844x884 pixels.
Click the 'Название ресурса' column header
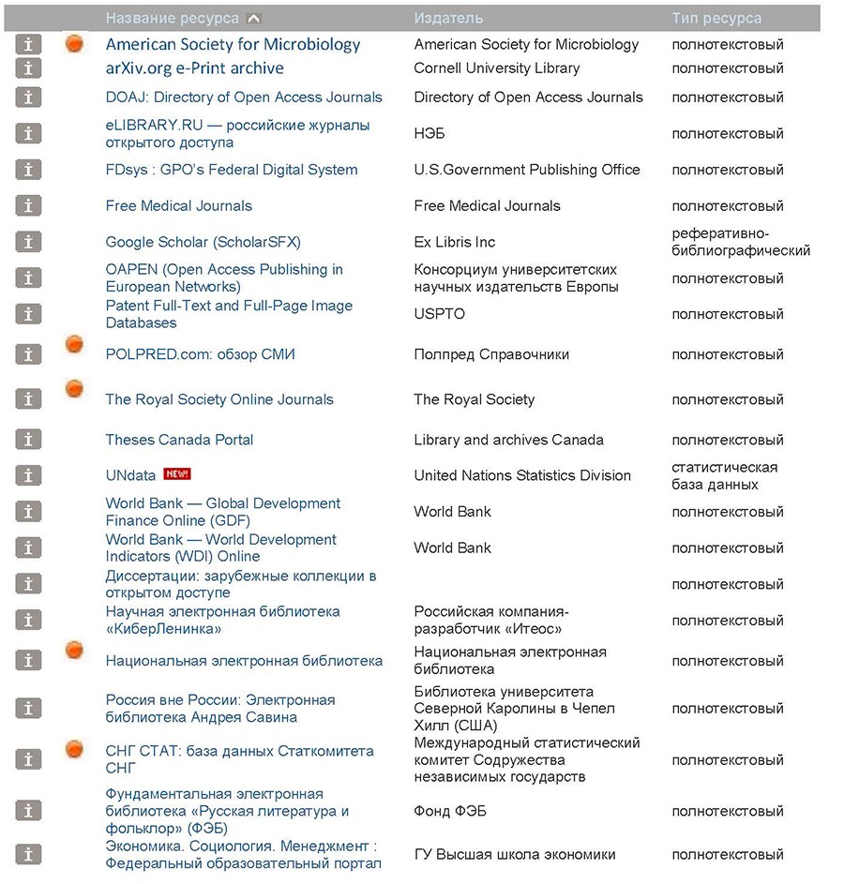[173, 18]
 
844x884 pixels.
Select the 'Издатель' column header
[448, 18]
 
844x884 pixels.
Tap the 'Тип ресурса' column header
[716, 18]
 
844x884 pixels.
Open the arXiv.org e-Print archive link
[194, 68]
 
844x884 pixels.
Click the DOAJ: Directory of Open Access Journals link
[244, 97]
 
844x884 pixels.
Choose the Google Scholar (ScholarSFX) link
[203, 242]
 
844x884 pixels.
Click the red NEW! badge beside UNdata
[176, 474]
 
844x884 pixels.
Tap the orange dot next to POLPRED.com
[75, 345]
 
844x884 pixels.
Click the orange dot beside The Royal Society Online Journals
[75, 389]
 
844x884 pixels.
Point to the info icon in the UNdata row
[29, 475]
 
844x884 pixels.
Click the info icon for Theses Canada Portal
[29, 440]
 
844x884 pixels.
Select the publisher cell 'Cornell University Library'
[496, 68]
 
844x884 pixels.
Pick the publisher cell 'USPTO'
[439, 314]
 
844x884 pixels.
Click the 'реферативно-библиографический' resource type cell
[741, 242]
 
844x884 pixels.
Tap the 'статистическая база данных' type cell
[724, 475]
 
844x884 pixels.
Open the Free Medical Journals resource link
[178, 206]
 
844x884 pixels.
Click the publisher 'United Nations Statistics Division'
[522, 475]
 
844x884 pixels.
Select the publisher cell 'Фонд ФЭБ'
[450, 811]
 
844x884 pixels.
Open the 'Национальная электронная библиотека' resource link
[244, 661]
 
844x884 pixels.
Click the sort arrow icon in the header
[254, 18]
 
